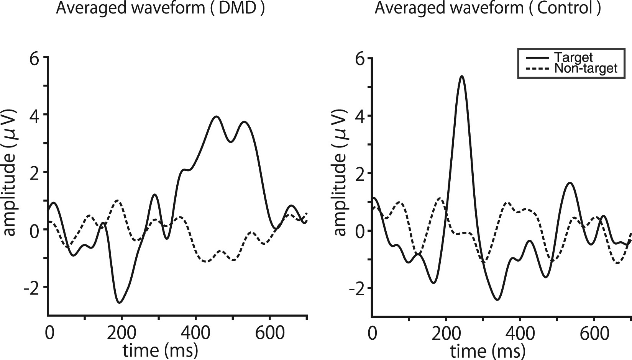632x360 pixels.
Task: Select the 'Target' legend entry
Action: coord(573,57)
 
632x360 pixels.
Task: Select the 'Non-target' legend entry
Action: coord(586,69)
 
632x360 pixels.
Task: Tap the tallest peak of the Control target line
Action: coord(462,76)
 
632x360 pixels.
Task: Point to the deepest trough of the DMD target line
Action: coord(120,303)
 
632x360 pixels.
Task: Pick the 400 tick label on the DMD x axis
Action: coord(195,333)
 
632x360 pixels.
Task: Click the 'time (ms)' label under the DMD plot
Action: coord(160,350)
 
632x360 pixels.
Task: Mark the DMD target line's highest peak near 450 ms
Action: coord(217,116)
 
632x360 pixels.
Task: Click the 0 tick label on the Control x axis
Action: coord(371,334)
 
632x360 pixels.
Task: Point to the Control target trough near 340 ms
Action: coord(497,299)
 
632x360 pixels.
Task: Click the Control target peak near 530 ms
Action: coord(570,183)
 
